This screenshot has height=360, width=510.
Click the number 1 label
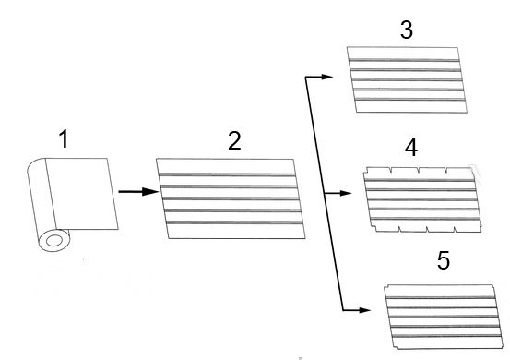tap(65, 138)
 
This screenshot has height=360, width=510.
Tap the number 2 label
tap(234, 140)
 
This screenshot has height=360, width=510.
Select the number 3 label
tap(407, 30)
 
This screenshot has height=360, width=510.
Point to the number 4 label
tap(411, 147)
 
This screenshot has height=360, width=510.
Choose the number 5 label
tap(444, 260)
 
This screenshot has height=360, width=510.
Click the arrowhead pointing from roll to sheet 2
tap(150, 192)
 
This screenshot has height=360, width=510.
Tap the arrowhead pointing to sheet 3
tap(327, 77)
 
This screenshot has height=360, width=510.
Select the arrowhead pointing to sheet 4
tap(346, 193)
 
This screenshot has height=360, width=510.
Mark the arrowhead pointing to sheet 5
tap(365, 310)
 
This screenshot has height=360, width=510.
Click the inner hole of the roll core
tap(54, 241)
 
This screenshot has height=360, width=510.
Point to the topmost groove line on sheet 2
tap(227, 175)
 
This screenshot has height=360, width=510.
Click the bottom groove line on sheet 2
tap(234, 223)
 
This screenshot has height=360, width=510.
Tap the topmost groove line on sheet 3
tap(404, 60)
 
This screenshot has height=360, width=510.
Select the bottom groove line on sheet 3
tap(409, 100)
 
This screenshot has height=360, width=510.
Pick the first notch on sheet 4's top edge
tap(391, 170)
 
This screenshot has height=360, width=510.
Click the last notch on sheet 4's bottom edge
tap(456, 230)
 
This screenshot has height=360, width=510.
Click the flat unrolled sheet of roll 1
tap(81, 194)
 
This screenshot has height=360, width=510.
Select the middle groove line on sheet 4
tap(422, 199)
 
